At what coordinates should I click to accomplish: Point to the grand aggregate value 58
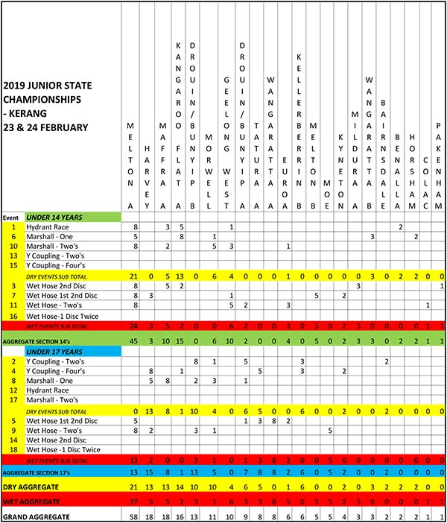coord(136,516)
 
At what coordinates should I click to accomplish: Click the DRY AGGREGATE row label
coord(33,486)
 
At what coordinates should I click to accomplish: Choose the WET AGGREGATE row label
coord(33,501)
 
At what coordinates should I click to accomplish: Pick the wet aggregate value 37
coord(136,501)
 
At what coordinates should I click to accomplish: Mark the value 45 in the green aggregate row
coord(136,340)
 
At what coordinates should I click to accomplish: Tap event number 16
coord(13,316)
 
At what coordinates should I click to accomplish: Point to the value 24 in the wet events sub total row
coord(136,326)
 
